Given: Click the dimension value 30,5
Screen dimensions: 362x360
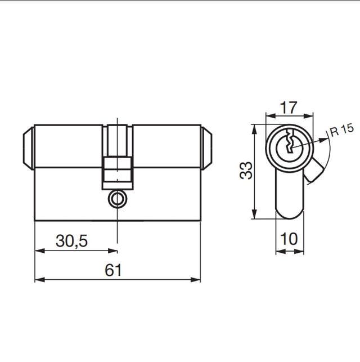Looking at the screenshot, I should pyautogui.click(x=71, y=241).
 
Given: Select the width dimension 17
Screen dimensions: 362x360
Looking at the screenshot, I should pyautogui.click(x=288, y=106).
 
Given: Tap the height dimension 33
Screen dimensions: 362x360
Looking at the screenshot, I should pyautogui.click(x=246, y=171).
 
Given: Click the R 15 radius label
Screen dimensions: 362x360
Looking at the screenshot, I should pyautogui.click(x=341, y=131).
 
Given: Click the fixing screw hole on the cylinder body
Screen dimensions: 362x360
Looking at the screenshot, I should pyautogui.click(x=117, y=199).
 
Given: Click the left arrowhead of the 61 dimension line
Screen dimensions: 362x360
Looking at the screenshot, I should pyautogui.click(x=38, y=279).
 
